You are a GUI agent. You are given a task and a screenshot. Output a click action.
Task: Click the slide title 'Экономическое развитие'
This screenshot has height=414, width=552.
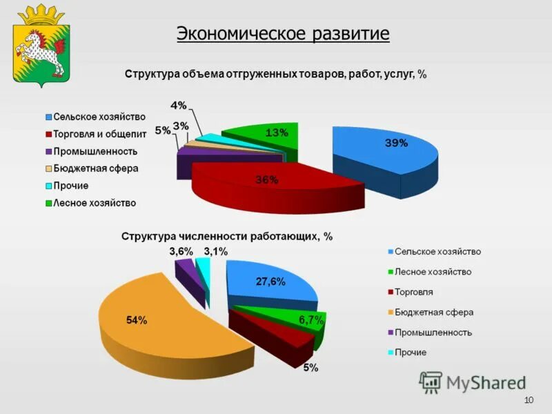coord(283,33)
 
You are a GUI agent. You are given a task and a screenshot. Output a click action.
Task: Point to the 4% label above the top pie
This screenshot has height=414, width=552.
coord(178,106)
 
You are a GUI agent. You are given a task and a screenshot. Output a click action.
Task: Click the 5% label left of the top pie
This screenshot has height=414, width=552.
coord(163,130)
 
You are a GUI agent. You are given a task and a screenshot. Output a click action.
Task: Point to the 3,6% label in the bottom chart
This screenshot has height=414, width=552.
coord(181,252)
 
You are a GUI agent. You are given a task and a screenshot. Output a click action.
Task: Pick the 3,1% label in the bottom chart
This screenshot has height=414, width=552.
coord(215,252)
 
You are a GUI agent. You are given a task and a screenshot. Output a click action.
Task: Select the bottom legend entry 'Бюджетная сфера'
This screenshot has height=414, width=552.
coord(434,312)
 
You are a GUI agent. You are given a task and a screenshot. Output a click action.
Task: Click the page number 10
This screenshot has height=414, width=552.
coord(529,401)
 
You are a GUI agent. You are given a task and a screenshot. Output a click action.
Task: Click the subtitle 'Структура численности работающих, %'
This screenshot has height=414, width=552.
coord(227,236)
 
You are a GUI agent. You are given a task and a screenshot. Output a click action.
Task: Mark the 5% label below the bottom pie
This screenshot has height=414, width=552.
coord(310,368)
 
